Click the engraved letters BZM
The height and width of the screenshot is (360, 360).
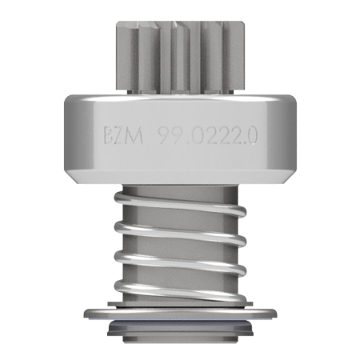pyautogui.click(x=123, y=136)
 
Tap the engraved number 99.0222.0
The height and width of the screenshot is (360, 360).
pyautogui.click(x=207, y=136)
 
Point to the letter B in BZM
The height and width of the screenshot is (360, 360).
pyautogui.click(x=109, y=136)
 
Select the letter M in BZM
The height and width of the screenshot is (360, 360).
pyautogui.click(x=134, y=136)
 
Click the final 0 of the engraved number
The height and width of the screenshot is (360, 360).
pyautogui.click(x=252, y=136)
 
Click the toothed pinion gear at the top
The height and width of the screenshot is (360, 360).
pyautogui.click(x=180, y=57)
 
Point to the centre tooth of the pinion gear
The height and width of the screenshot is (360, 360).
pyautogui.click(x=181, y=58)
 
